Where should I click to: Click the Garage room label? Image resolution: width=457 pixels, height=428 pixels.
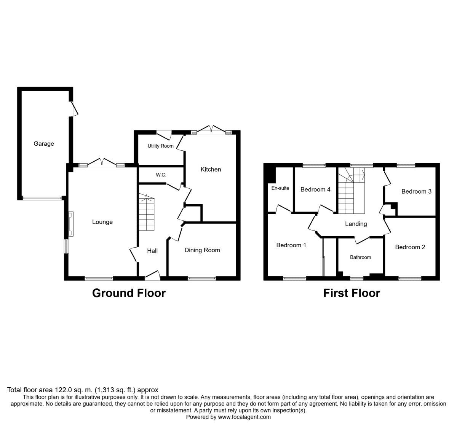(x=44, y=144)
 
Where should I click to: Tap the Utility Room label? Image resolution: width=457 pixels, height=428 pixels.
(x=160, y=146)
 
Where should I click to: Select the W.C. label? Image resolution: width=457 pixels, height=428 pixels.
(x=161, y=175)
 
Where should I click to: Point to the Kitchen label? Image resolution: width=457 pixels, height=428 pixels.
(x=211, y=169)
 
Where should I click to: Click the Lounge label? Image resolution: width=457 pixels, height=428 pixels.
(x=102, y=222)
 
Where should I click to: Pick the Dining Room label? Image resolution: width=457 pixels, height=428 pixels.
(x=202, y=250)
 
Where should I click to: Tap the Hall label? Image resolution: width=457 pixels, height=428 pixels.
(x=152, y=251)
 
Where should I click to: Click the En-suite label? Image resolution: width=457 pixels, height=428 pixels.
(x=280, y=188)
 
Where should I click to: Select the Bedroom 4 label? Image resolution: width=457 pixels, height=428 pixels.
(x=315, y=189)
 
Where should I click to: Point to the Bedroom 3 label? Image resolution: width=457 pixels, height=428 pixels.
(x=416, y=191)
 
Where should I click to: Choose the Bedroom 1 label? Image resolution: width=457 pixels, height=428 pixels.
(x=291, y=245)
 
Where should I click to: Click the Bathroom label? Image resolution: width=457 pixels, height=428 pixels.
(x=360, y=257)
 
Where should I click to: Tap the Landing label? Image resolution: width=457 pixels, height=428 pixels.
(x=356, y=224)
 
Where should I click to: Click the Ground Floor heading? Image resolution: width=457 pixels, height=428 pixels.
(x=129, y=293)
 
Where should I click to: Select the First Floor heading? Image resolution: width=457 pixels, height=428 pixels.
(x=352, y=293)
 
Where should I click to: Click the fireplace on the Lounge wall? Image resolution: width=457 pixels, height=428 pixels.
(x=71, y=224)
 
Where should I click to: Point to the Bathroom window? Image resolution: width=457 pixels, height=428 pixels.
(x=357, y=278)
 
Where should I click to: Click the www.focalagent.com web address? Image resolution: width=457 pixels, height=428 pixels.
(x=244, y=417)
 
